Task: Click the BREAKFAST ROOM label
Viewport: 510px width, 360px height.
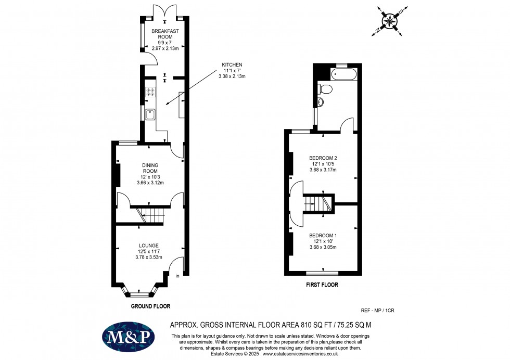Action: point(165,34)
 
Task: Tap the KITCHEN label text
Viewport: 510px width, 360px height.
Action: point(232,65)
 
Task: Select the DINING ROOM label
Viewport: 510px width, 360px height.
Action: point(150,168)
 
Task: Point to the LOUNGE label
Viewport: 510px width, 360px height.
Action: point(149,246)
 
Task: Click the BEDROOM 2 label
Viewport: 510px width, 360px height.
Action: point(323,158)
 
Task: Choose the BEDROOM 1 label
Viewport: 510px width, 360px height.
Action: point(323,236)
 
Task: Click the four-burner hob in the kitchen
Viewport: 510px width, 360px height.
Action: point(150,92)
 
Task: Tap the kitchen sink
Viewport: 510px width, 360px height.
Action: point(150,114)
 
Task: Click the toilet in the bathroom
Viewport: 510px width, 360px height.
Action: point(325,88)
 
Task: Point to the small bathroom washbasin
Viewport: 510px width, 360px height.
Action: point(321,102)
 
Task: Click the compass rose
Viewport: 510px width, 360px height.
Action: point(389,21)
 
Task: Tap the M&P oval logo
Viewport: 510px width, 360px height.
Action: point(128,337)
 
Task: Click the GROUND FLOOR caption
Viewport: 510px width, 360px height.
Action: point(150,306)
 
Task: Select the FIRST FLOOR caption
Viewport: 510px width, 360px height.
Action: point(322,285)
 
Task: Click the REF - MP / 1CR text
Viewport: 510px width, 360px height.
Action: point(378,311)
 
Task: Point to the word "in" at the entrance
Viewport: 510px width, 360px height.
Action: point(177,276)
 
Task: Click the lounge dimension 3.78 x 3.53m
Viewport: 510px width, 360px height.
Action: point(149,257)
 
